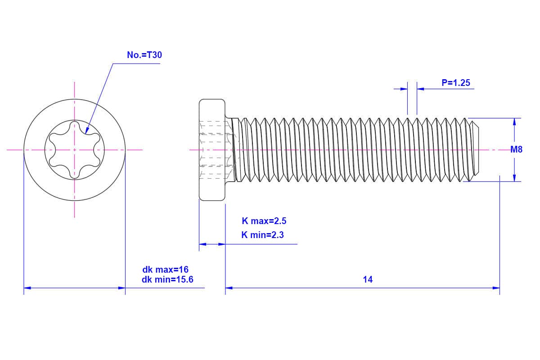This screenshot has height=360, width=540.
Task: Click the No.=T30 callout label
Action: pos(144,55)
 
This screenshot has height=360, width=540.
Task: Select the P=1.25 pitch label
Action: pos(456,83)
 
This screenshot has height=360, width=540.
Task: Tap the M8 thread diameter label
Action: pos(516,150)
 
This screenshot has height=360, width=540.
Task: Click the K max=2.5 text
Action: pos(264,221)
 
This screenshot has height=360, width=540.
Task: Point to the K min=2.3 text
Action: pos(262,234)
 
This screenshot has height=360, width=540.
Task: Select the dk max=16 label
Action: pos(165,270)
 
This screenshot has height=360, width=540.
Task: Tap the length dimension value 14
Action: pos(368,279)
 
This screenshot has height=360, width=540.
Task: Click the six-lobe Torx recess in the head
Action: pos(74,149)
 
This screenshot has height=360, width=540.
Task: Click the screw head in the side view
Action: pos(212,150)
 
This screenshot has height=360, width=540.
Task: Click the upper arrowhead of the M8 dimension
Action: pos(514,121)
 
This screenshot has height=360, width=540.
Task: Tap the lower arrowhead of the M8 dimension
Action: pos(514,178)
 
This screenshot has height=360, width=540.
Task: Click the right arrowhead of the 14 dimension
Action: pos(496,288)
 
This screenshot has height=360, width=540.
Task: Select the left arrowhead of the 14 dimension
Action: pos(229,288)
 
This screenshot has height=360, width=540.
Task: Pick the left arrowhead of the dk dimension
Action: pos(27,288)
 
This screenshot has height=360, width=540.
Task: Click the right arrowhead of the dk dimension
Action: pos(121,288)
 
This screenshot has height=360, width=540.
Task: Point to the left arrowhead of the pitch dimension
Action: pos(404,89)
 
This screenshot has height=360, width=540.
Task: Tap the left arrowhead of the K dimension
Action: pos(202,244)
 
